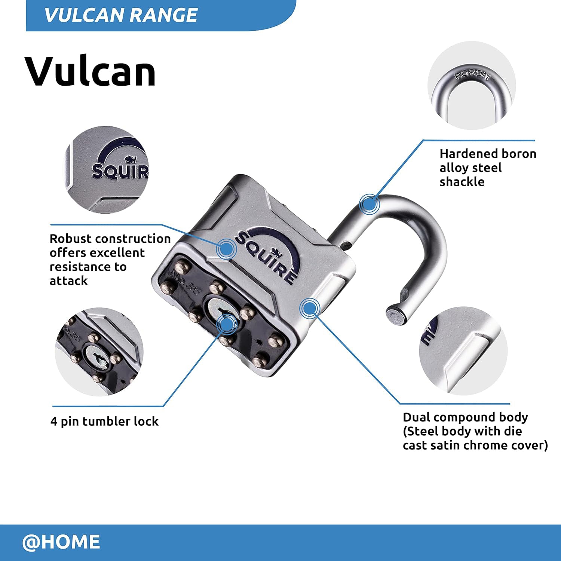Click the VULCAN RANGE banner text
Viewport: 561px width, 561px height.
120,15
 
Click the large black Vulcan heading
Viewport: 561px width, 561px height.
90,71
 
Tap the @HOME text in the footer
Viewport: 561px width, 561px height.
61,542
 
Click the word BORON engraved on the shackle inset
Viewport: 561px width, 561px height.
472,75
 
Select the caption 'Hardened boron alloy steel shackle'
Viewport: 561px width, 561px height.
487,168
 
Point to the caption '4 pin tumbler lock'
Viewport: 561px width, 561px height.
104,421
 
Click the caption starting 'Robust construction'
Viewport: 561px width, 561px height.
110,260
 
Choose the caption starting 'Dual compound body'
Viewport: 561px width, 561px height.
475,431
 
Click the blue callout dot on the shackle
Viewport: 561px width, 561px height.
369,205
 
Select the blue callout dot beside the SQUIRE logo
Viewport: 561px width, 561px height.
226,248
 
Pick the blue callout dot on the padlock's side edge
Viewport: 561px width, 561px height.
309,308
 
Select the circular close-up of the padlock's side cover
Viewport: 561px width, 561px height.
463,351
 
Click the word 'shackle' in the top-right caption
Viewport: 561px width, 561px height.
462,182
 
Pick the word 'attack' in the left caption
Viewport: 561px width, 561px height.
68,281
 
